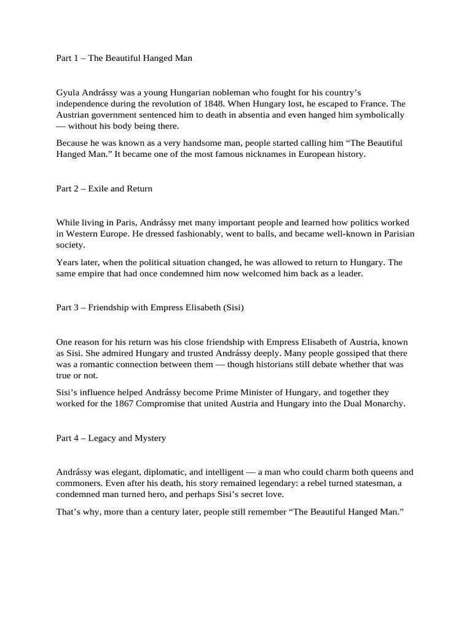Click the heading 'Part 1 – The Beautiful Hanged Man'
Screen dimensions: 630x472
point(124,58)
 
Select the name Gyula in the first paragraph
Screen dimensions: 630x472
point(68,93)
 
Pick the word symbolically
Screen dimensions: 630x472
point(379,115)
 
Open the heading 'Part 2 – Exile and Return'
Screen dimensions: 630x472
point(104,189)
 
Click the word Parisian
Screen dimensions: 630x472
point(388,234)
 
